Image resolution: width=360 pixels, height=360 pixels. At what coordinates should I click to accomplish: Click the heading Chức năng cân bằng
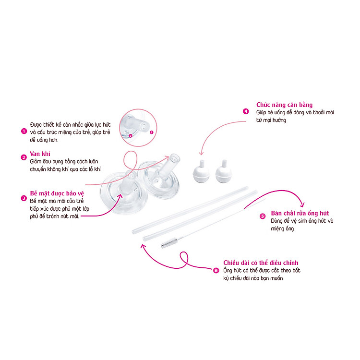pos(284,105)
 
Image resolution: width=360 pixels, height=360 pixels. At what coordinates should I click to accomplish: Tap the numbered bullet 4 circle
pos(246,111)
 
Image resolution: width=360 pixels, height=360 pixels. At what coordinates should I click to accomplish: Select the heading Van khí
pos(40,154)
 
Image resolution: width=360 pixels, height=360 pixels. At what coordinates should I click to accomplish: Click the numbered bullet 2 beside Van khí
pos(24,157)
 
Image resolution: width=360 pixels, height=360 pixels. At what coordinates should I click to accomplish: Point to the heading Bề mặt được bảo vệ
pos(57,193)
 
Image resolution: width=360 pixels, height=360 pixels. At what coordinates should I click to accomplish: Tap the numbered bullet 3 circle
pos(24,198)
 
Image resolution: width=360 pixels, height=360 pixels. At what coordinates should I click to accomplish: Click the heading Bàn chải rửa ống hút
pos(300,213)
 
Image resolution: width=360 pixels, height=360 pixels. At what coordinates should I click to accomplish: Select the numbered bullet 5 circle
pos(263,216)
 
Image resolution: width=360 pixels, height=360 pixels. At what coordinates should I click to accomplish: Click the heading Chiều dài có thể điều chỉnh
pos(261,263)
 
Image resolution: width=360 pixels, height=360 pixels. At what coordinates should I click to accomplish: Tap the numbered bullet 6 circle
pos(216,270)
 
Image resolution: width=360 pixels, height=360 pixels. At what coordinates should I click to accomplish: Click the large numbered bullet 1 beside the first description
pos(24,131)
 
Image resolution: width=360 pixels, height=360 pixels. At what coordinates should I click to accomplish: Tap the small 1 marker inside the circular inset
pos(152,132)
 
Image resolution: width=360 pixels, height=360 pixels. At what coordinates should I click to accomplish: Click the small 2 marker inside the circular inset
pos(131,136)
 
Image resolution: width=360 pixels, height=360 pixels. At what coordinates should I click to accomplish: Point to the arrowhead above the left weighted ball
pos(201,153)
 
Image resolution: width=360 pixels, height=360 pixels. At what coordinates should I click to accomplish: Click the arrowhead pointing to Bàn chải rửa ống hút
pos(303,205)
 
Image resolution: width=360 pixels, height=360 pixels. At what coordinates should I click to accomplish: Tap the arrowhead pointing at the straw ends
pos(143,246)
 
